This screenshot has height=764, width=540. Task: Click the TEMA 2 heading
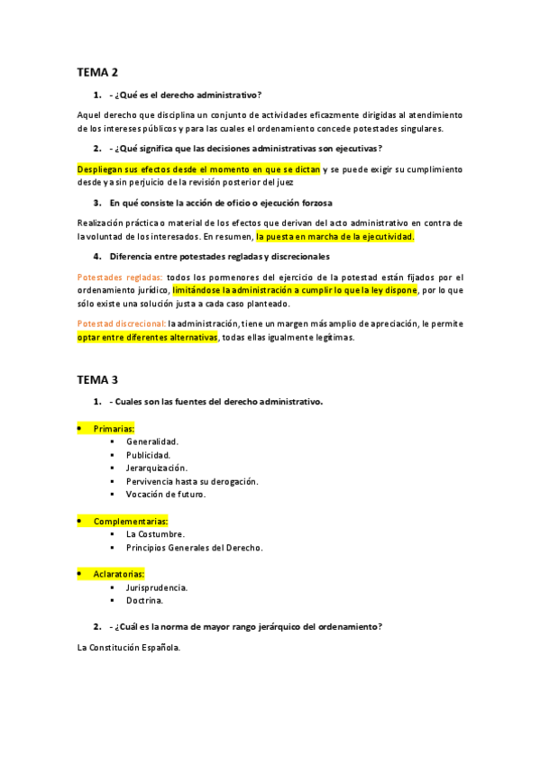(x=96, y=72)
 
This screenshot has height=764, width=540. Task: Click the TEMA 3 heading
(x=96, y=379)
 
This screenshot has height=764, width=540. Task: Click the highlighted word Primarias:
(x=114, y=428)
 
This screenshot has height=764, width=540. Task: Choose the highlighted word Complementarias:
(x=131, y=521)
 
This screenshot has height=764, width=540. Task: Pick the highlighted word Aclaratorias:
(x=119, y=574)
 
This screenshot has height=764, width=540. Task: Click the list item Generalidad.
(x=152, y=441)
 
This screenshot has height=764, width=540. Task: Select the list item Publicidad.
(x=149, y=455)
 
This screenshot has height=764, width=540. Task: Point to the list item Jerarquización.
(x=157, y=468)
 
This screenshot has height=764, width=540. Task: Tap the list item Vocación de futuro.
(x=166, y=494)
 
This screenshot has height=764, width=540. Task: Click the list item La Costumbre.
(x=155, y=534)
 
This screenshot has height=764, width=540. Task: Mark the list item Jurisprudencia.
(x=157, y=587)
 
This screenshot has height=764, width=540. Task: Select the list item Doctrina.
(x=144, y=600)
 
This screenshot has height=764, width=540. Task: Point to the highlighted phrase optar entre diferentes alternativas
(x=148, y=338)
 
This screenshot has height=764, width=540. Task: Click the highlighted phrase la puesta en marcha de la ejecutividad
(x=334, y=236)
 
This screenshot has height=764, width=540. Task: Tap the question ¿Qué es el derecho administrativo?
(x=188, y=95)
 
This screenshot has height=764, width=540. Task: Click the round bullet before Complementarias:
(x=79, y=521)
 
